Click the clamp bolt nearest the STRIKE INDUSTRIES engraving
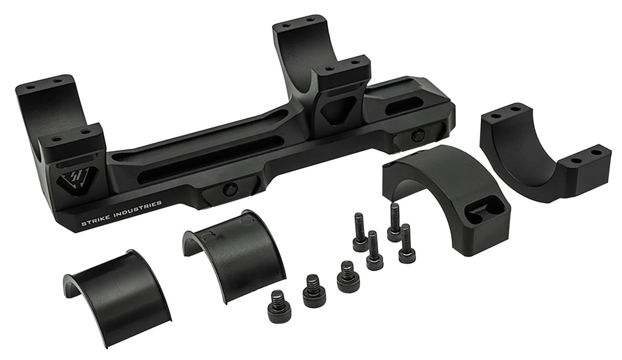pos(230,189)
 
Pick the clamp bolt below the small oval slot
pos(418,135)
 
